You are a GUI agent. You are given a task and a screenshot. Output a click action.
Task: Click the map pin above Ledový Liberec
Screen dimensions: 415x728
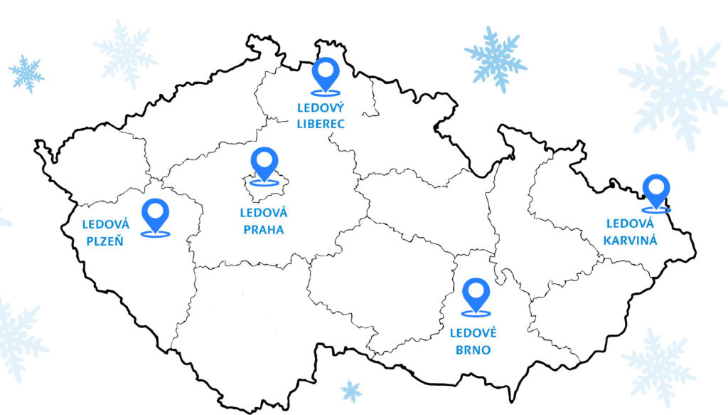pos(326,73)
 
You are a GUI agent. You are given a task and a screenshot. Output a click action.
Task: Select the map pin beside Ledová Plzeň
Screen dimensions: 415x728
pos(156,214)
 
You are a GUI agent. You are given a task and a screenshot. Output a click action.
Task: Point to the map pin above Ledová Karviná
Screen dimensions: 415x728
pos(655,190)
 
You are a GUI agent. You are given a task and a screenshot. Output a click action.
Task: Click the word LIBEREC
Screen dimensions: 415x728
pos(321,124)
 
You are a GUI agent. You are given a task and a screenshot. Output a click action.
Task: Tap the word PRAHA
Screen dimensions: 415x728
pos(263,230)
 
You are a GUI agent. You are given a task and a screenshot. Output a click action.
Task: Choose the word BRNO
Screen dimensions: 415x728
pos(473,350)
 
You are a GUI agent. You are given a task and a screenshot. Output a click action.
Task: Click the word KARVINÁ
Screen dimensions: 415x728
pos(630,240)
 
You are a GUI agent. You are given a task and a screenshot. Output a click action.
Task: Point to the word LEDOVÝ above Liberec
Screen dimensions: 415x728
pos(321,107)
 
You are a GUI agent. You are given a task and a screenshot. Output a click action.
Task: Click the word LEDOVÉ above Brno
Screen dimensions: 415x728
pos(473,332)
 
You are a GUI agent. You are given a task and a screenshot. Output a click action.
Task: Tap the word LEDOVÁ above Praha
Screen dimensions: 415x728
pos(263,212)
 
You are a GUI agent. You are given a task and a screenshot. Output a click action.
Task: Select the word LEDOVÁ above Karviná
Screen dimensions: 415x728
pos(630,224)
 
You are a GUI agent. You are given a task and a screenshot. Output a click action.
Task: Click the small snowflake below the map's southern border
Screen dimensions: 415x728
pos(350,390)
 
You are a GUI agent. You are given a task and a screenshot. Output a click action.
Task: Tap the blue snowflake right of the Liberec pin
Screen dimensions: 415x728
pos(496,58)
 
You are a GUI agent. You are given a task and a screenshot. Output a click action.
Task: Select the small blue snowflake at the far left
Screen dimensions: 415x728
pos(26,73)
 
